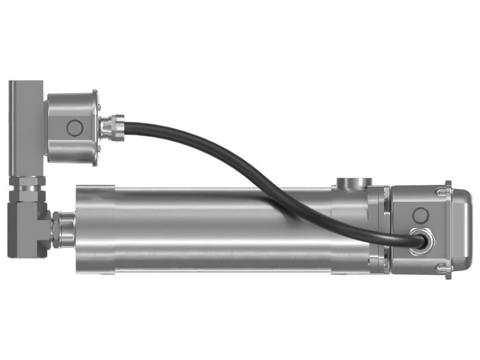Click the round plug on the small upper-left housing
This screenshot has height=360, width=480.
[74, 128]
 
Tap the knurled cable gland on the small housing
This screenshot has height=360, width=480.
[112, 128]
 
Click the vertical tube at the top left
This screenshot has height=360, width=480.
[23, 126]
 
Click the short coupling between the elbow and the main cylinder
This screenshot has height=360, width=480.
[62, 229]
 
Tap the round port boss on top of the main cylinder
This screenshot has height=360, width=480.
[353, 182]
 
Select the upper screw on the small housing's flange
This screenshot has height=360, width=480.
[97, 103]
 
